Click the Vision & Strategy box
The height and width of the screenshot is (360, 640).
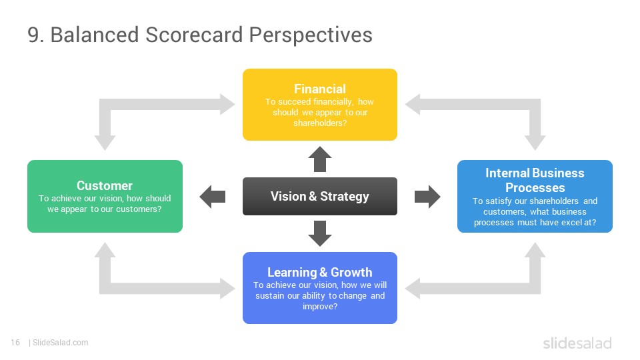click(x=319, y=196)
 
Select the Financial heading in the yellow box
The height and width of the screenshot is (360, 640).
click(x=319, y=89)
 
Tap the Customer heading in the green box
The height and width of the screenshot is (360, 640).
click(x=105, y=186)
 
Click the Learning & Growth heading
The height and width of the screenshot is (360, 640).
click(x=319, y=272)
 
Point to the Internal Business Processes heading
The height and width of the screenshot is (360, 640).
click(x=535, y=181)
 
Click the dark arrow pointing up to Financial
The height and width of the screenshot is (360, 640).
click(x=319, y=159)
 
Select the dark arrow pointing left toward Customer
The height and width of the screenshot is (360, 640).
click(x=212, y=196)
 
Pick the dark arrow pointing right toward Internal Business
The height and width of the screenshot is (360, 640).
click(x=427, y=196)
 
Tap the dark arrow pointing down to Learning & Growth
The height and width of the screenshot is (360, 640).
click(x=319, y=233)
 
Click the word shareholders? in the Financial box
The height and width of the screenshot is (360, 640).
click(x=320, y=123)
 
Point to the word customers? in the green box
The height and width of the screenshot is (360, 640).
click(x=139, y=209)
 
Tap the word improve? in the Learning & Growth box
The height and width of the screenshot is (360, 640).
click(x=320, y=307)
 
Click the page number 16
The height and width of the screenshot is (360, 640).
click(x=15, y=343)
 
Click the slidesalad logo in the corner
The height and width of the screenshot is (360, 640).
click(x=577, y=343)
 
